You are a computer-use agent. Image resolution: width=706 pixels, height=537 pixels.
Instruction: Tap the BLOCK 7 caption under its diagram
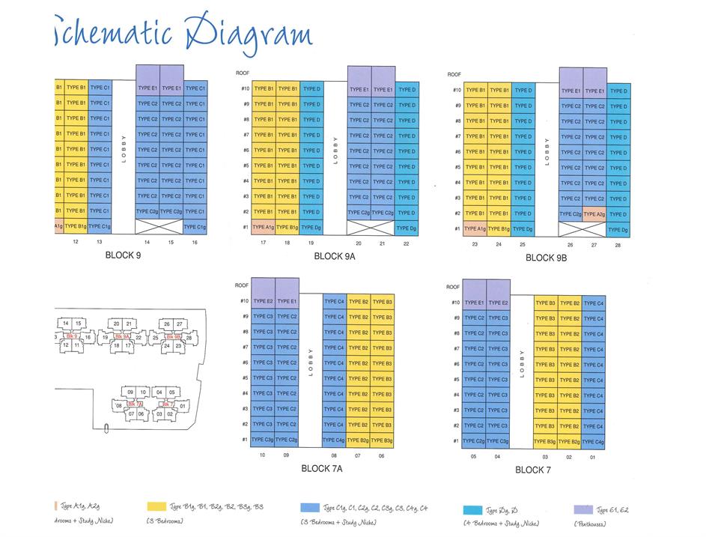[533, 470]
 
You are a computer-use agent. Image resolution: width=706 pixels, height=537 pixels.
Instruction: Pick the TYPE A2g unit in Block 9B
[594, 214]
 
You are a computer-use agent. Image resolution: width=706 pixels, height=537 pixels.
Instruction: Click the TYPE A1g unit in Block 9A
[264, 228]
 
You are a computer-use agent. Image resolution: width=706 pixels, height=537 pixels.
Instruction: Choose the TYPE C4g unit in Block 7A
[335, 440]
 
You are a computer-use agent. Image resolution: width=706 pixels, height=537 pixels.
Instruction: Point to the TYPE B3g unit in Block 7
[546, 442]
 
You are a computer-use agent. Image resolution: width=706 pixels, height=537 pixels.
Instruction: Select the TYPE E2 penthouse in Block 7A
[263, 301]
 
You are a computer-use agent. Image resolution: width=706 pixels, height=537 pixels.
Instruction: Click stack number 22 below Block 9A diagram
[407, 243]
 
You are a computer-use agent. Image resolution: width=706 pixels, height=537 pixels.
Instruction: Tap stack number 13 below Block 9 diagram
[100, 242]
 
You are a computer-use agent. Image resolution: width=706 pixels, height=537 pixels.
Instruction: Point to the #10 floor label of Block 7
[454, 303]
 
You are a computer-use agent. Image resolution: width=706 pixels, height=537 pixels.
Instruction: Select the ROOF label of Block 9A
[242, 73]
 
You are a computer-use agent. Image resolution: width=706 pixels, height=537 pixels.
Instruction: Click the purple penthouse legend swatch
[582, 509]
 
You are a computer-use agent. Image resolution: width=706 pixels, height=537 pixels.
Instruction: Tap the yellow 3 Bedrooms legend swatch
[156, 507]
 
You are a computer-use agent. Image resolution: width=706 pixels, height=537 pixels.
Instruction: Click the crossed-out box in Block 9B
[570, 229]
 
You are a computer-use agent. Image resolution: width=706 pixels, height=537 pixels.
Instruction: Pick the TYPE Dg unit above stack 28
[618, 229]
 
